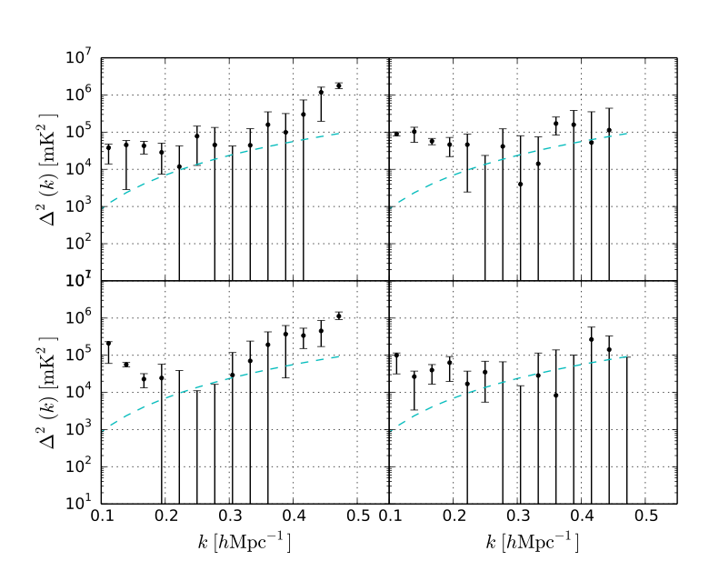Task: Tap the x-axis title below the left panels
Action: [x=245, y=543]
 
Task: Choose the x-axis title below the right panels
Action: [x=534, y=543]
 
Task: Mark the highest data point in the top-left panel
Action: [x=338, y=85]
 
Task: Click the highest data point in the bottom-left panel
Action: [x=338, y=316]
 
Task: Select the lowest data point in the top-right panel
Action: [x=520, y=184]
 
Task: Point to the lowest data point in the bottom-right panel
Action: [x=555, y=395]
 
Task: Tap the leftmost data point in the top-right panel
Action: [x=396, y=134]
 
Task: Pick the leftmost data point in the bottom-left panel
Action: [x=108, y=344]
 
